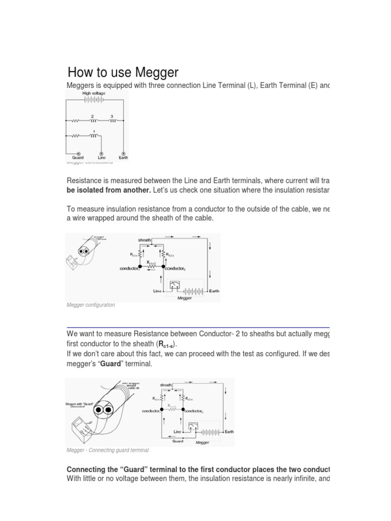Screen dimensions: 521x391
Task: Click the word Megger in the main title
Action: click(152, 72)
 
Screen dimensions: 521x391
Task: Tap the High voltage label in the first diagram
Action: click(94, 94)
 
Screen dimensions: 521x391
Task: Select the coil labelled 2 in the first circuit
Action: click(93, 121)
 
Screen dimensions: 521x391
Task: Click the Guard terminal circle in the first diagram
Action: click(78, 153)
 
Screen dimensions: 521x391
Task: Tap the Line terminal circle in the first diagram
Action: click(101, 153)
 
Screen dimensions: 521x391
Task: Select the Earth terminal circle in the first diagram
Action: click(123, 153)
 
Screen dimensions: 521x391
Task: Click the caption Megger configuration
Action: click(91, 305)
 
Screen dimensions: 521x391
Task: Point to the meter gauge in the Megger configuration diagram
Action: click(175, 285)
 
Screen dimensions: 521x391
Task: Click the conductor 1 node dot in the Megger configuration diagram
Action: click(141, 267)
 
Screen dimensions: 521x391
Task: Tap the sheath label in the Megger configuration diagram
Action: click(145, 240)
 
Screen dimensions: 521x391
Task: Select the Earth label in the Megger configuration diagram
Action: click(214, 291)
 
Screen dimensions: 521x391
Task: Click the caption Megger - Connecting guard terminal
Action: click(107, 450)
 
